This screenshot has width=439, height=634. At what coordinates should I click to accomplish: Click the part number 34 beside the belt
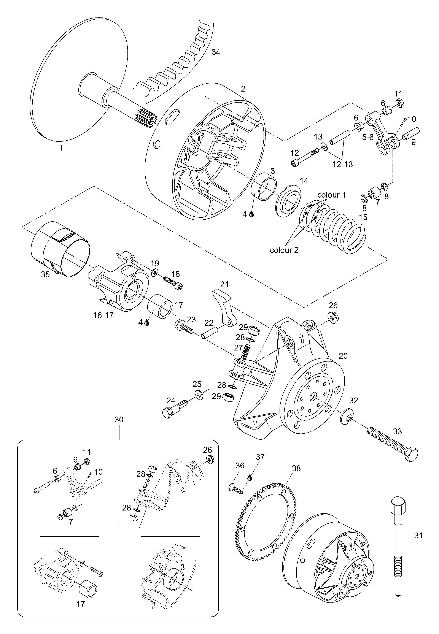[x=216, y=52]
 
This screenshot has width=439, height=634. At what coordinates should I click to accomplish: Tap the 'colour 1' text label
[x=331, y=195]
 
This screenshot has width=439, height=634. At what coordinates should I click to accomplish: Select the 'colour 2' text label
[x=284, y=250]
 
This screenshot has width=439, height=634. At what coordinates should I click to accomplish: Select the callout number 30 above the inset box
[x=119, y=420]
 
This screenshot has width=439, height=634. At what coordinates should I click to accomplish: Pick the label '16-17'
[x=103, y=315]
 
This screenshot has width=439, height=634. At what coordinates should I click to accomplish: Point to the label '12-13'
[x=342, y=164]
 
